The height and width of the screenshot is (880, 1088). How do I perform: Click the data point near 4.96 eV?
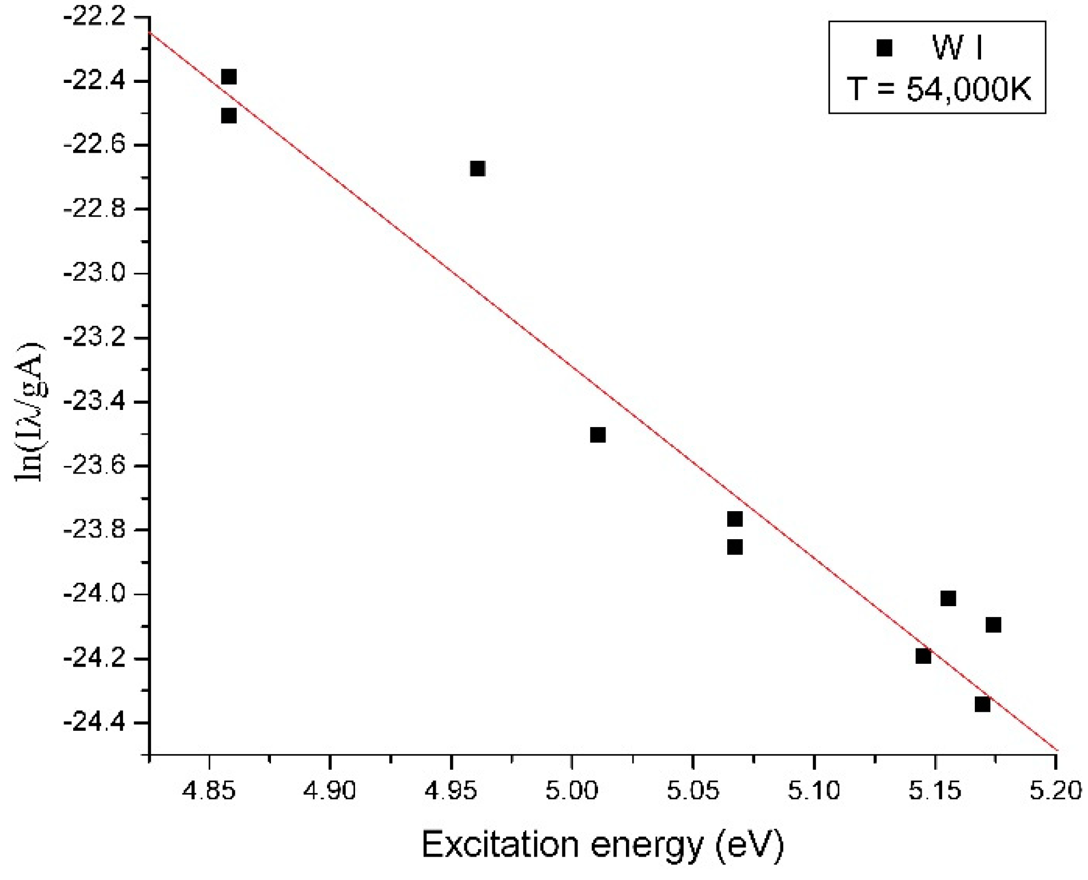click(x=477, y=169)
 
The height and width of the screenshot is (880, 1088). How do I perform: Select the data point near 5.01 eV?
click(x=597, y=435)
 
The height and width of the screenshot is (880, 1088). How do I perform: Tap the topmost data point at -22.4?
click(x=229, y=77)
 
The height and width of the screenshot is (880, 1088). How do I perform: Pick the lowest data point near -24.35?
click(x=982, y=704)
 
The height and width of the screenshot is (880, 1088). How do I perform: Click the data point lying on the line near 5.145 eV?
click(x=923, y=656)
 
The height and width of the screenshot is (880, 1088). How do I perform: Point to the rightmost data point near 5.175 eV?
click(x=993, y=625)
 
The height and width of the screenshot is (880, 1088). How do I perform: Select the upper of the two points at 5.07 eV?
click(x=735, y=519)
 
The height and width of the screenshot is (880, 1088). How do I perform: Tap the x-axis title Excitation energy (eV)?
click(x=603, y=845)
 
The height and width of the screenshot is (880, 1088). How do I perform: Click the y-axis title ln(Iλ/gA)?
click(x=31, y=412)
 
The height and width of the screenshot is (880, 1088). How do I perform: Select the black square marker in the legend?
click(x=884, y=48)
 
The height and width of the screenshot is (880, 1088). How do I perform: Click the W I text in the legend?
click(x=958, y=48)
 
